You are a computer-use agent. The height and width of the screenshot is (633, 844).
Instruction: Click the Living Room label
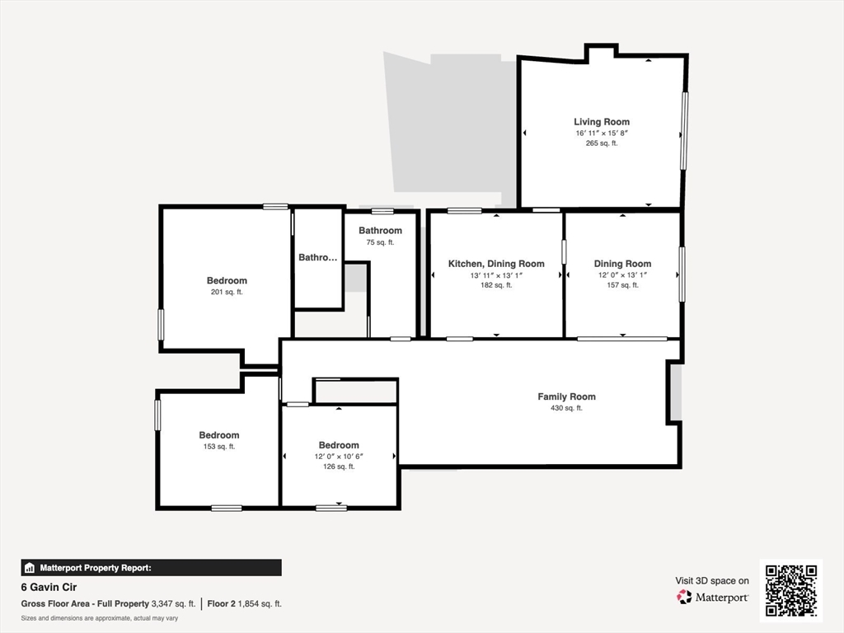coord(601,122)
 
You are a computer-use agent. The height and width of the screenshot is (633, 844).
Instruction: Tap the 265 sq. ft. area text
coord(601,143)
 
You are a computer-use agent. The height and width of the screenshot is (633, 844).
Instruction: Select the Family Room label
coord(566,396)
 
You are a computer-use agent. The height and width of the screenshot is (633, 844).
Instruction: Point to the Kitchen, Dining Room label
coord(496,264)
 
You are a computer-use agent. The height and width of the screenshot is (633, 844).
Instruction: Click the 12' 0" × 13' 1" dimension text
coord(622,274)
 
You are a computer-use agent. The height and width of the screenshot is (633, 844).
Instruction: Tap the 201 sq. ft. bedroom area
coord(227,293)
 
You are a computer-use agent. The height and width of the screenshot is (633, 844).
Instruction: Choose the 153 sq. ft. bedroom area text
coord(219,447)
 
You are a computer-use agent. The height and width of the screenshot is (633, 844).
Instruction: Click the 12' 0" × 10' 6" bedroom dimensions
coord(339,457)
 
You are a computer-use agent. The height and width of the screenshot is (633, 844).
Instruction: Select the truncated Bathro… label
coord(318,257)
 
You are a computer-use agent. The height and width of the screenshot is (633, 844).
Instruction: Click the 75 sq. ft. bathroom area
coord(380,242)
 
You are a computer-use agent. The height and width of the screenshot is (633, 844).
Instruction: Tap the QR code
coord(791,590)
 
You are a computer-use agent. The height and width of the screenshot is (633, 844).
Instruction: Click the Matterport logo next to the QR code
coord(712,597)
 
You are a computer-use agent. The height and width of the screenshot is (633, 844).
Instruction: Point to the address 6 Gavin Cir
coord(49,587)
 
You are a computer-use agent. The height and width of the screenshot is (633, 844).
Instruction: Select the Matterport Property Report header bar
coord(152,568)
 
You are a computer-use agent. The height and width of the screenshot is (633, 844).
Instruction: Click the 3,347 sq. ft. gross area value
coord(173,604)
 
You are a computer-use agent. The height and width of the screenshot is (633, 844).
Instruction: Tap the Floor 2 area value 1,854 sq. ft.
coord(260,604)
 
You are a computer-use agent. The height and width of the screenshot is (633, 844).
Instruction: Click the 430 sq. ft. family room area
coord(566,408)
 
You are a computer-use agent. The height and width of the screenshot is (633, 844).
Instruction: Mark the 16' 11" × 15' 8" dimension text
coord(602,133)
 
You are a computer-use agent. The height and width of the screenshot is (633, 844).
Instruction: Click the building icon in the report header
coord(30,568)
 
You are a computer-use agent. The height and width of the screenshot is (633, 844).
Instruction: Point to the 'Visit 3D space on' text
coord(712,581)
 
